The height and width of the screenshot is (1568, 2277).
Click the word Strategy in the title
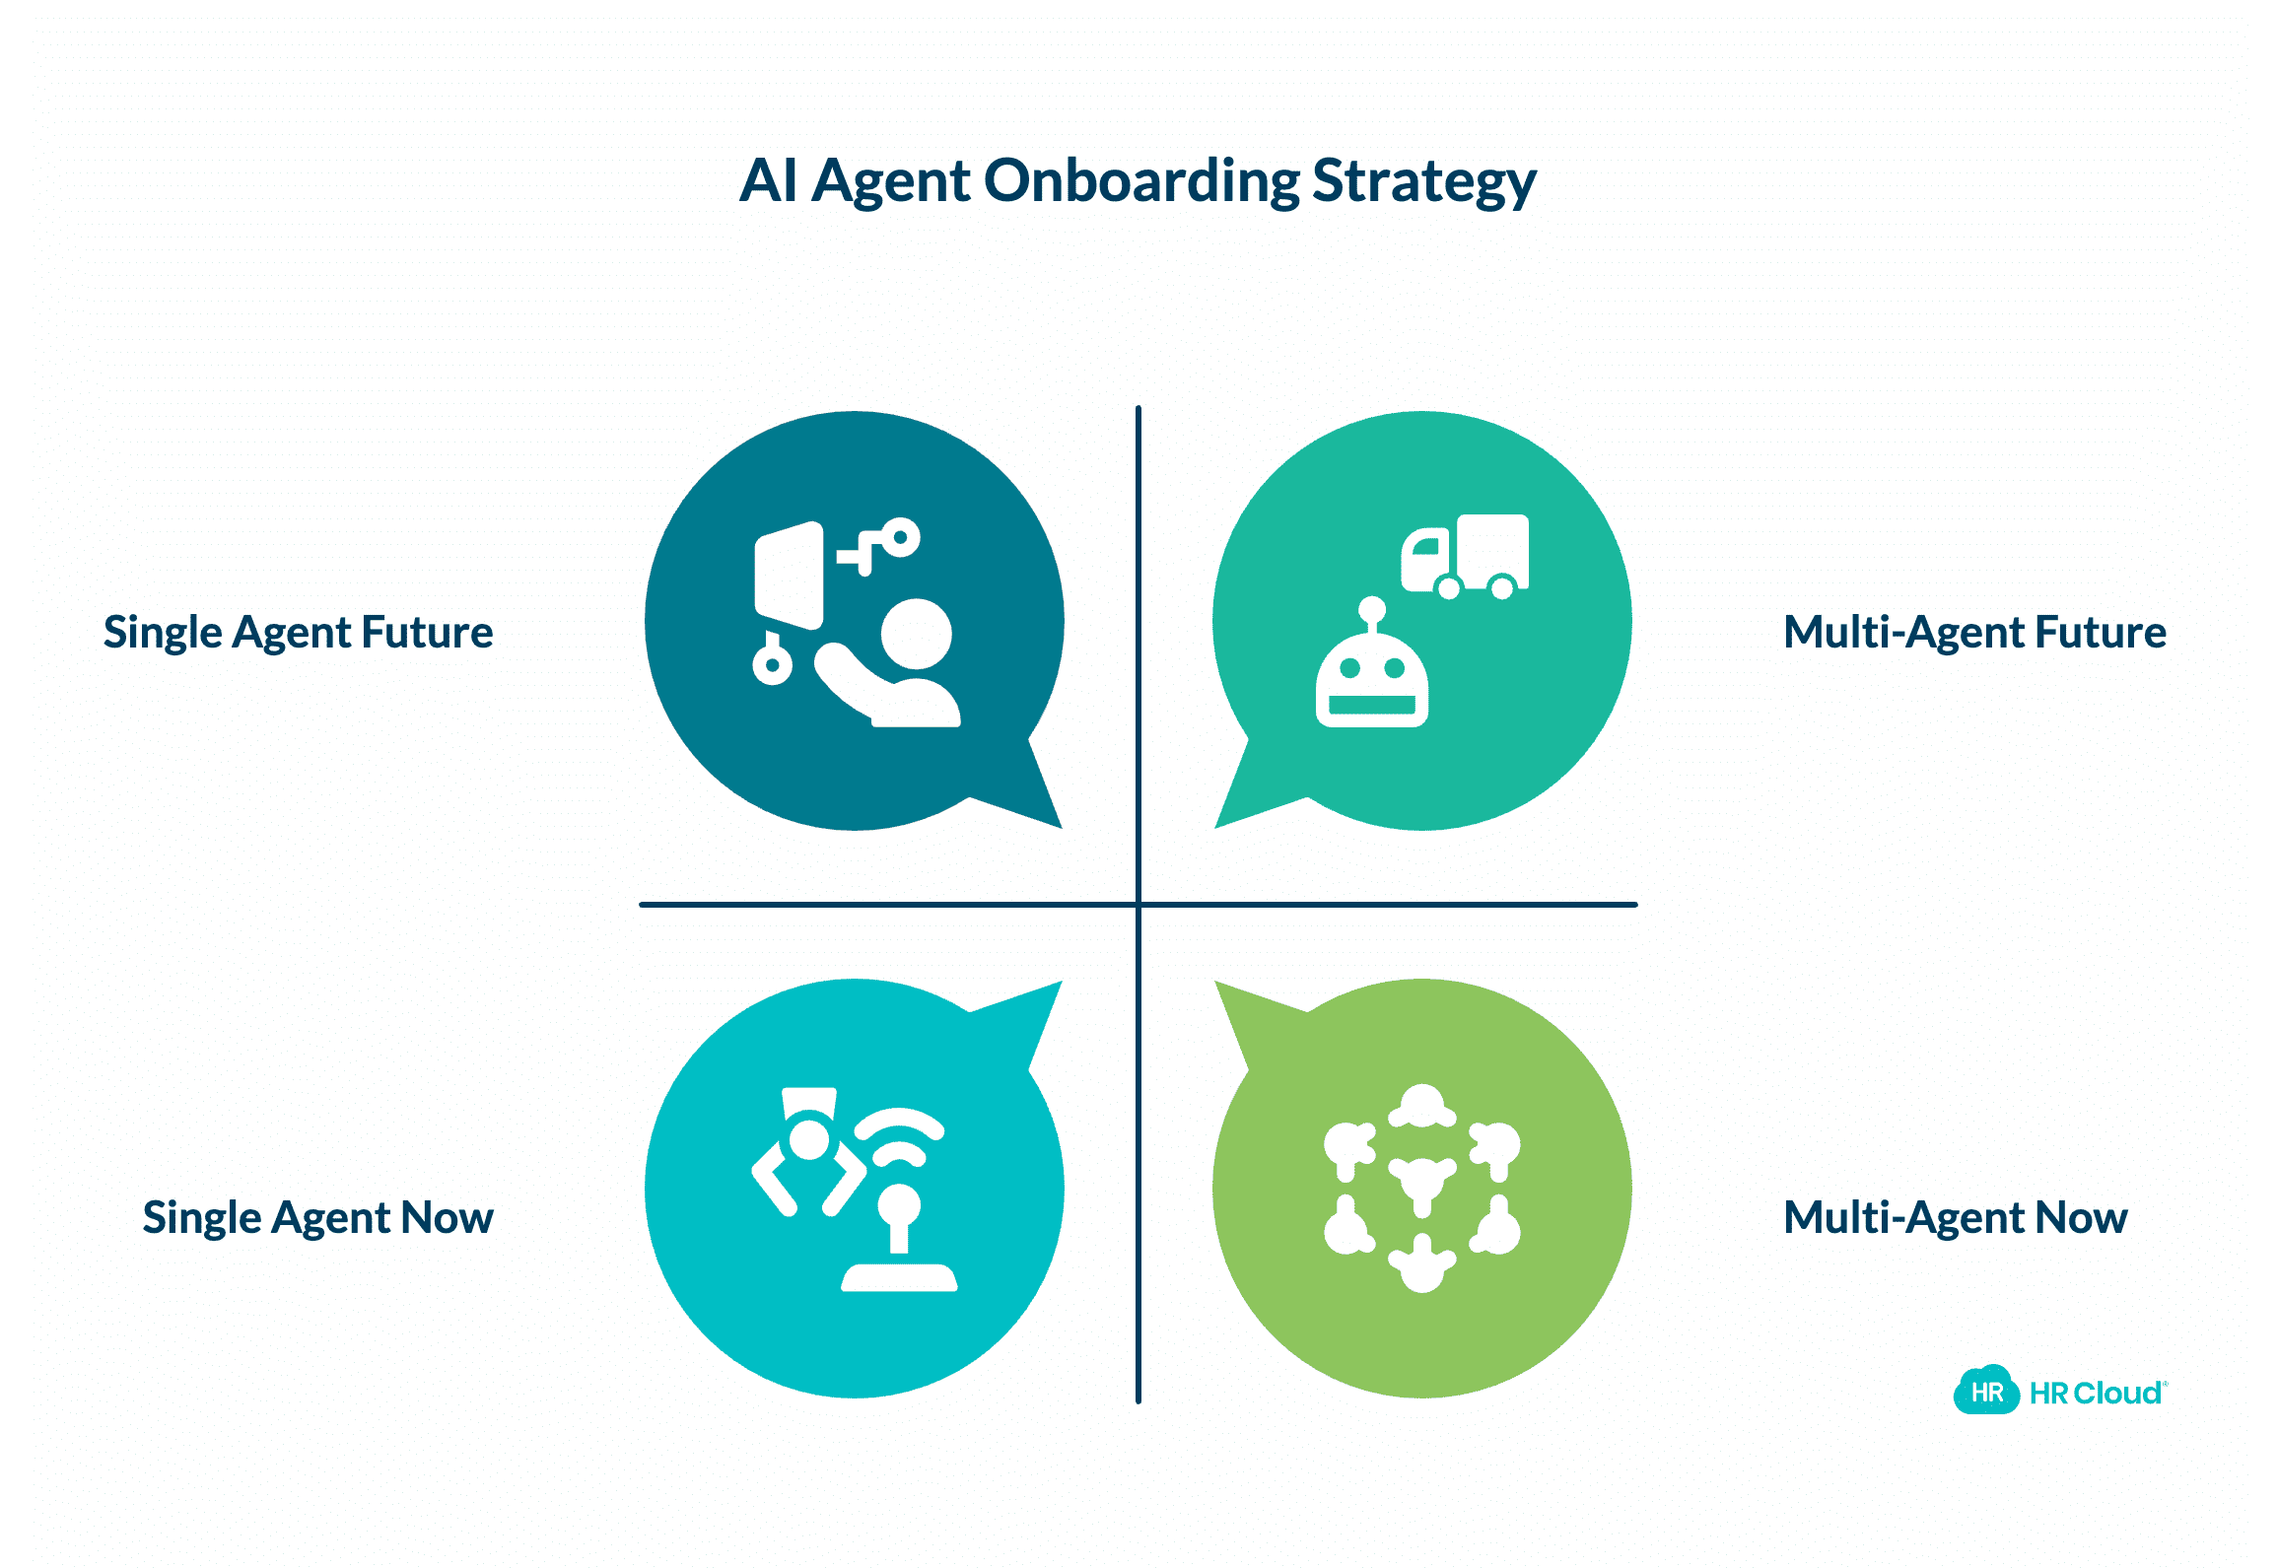point(1424,182)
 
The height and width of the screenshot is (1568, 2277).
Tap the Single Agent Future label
point(298,633)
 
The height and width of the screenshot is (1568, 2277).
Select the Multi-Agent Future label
point(1974,633)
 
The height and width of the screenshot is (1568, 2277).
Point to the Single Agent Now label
point(317,1218)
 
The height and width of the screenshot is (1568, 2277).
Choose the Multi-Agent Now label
point(1956,1218)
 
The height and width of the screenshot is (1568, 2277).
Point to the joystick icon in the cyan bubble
point(899,1238)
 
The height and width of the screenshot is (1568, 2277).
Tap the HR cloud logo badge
point(1987,1391)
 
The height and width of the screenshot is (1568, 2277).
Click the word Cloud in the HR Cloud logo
point(2119,1394)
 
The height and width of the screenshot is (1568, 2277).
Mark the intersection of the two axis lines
point(1138,904)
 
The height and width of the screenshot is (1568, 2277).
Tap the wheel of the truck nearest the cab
point(1449,588)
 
